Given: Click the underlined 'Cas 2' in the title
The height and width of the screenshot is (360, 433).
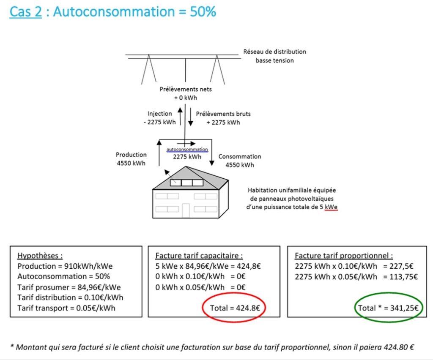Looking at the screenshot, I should [25, 12].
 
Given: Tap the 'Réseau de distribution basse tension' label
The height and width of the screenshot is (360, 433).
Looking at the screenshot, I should [274, 56].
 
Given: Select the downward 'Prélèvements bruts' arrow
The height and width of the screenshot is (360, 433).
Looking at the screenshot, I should [191, 117].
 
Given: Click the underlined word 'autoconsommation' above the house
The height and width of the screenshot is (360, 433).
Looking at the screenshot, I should [187, 150].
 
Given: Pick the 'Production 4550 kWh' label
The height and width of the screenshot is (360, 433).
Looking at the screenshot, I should [131, 159].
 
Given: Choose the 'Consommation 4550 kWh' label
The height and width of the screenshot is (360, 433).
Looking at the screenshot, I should [240, 161].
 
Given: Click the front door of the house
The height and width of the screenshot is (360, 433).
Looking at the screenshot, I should [186, 210].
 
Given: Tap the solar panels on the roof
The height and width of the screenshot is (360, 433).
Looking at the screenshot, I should [186, 183].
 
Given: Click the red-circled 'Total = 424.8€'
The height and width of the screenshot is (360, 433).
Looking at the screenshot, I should [234, 308].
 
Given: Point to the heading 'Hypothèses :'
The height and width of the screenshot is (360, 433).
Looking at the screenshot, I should [40, 256].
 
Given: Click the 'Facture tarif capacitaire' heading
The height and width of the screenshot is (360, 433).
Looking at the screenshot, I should [199, 256].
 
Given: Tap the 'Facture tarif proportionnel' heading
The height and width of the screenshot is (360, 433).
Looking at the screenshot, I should [344, 256].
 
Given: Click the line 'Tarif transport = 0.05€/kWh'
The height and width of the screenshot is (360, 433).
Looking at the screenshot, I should [66, 308].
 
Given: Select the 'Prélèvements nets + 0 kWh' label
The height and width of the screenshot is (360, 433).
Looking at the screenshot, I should [186, 93].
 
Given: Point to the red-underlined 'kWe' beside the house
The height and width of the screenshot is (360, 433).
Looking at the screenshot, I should [331, 207].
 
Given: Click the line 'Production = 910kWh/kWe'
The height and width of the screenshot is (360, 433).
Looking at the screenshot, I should [65, 266].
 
